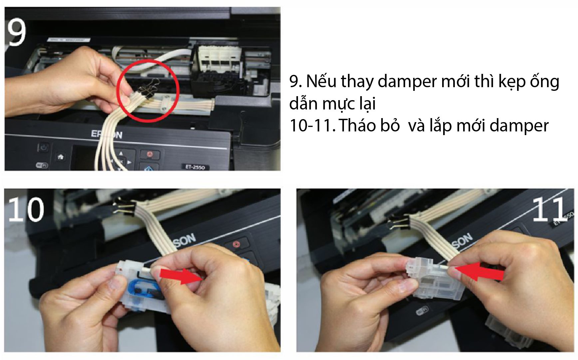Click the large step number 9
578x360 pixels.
tap(16, 32)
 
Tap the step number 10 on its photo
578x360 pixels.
tap(26, 209)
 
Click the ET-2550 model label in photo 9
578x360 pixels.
tap(195, 167)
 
